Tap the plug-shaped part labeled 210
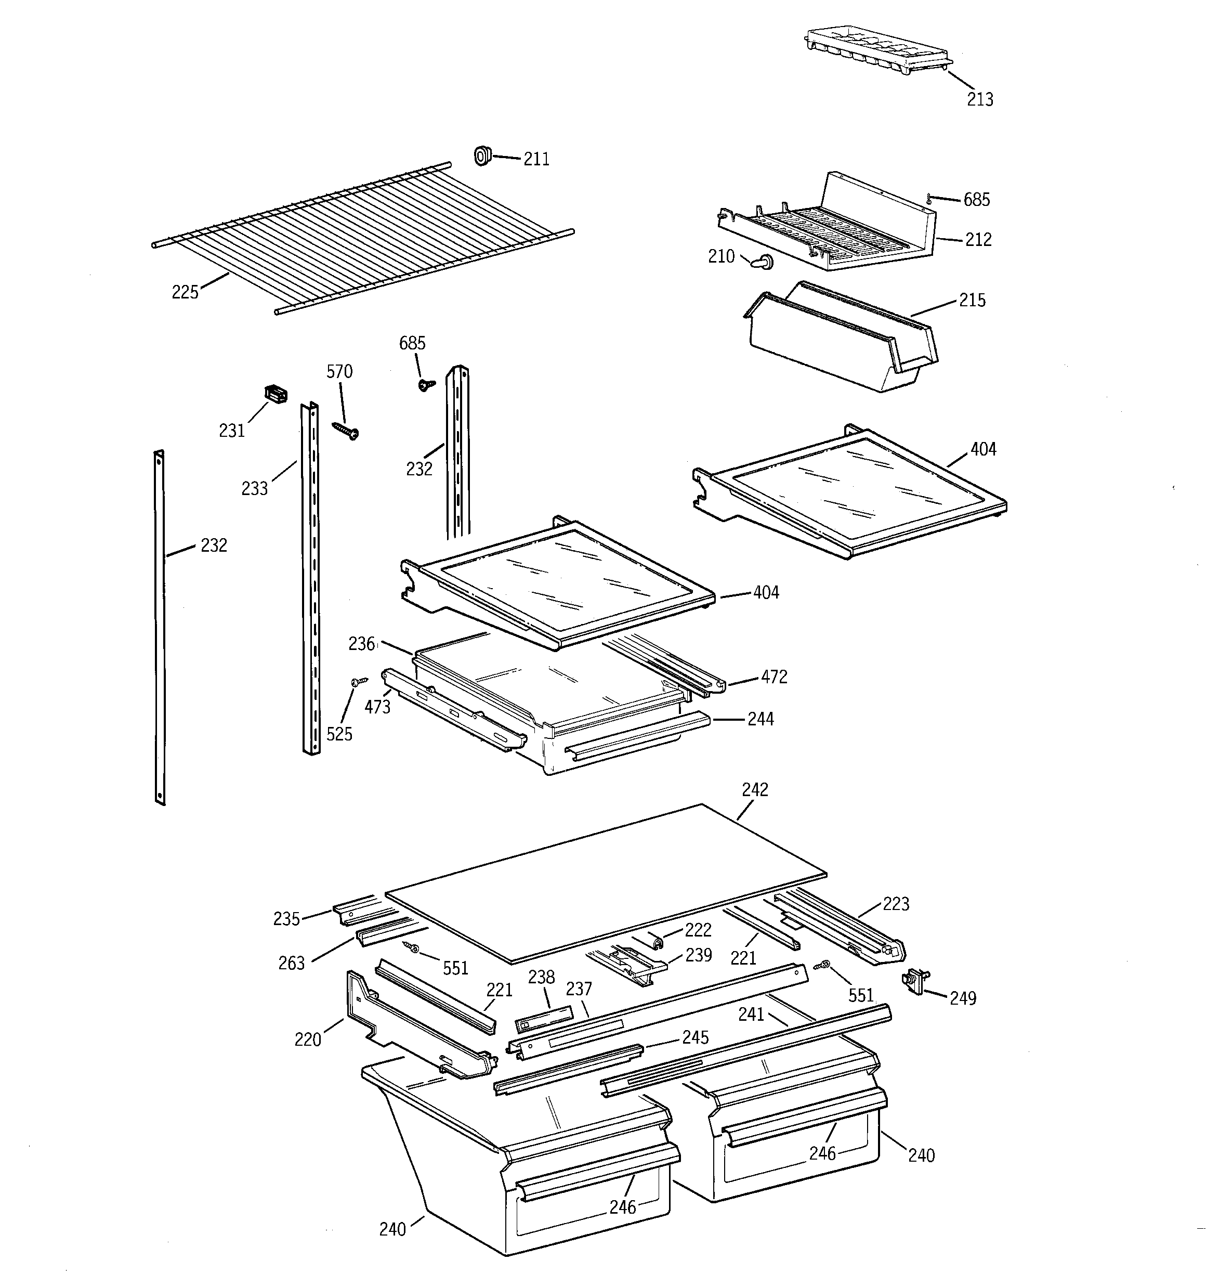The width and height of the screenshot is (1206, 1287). pyautogui.click(x=763, y=262)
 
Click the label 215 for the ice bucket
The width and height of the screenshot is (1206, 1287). pyautogui.click(x=972, y=301)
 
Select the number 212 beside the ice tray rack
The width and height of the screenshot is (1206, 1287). pyautogui.click(x=978, y=240)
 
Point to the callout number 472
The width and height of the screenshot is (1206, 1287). pyautogui.click(x=774, y=677)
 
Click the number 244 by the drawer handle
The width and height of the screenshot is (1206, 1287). pyautogui.click(x=761, y=719)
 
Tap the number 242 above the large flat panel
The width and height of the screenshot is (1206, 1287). pyautogui.click(x=755, y=790)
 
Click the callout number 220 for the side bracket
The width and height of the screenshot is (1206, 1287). pyautogui.click(x=308, y=1039)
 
